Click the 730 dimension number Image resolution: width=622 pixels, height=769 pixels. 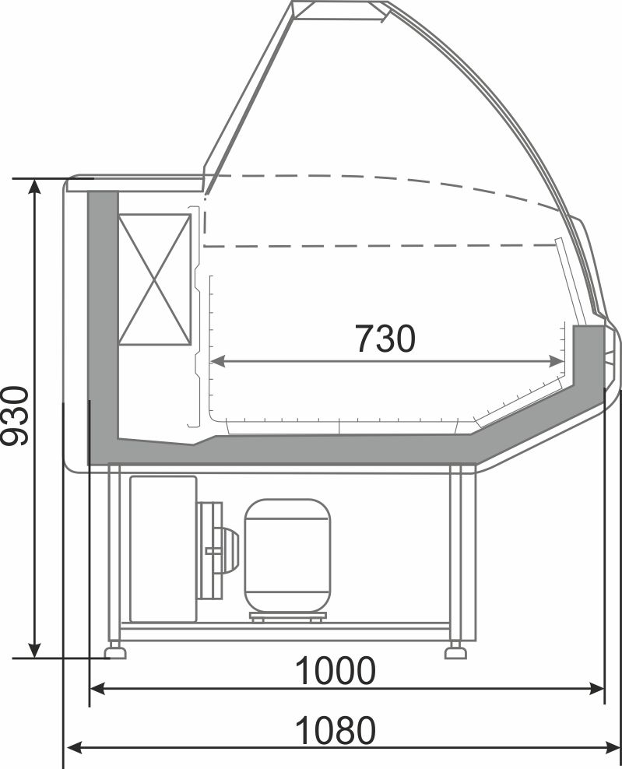point(385,338)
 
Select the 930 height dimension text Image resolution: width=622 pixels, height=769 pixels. point(15,416)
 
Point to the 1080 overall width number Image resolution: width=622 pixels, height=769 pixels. point(336,730)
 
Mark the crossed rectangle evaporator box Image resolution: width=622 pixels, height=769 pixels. point(154,279)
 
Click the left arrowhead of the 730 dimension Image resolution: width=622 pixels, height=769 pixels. point(217,361)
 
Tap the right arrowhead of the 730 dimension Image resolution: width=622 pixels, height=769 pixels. point(557,361)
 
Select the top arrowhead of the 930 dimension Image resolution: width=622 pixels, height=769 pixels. point(35,186)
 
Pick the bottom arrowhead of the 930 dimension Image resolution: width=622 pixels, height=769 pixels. point(35,651)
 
